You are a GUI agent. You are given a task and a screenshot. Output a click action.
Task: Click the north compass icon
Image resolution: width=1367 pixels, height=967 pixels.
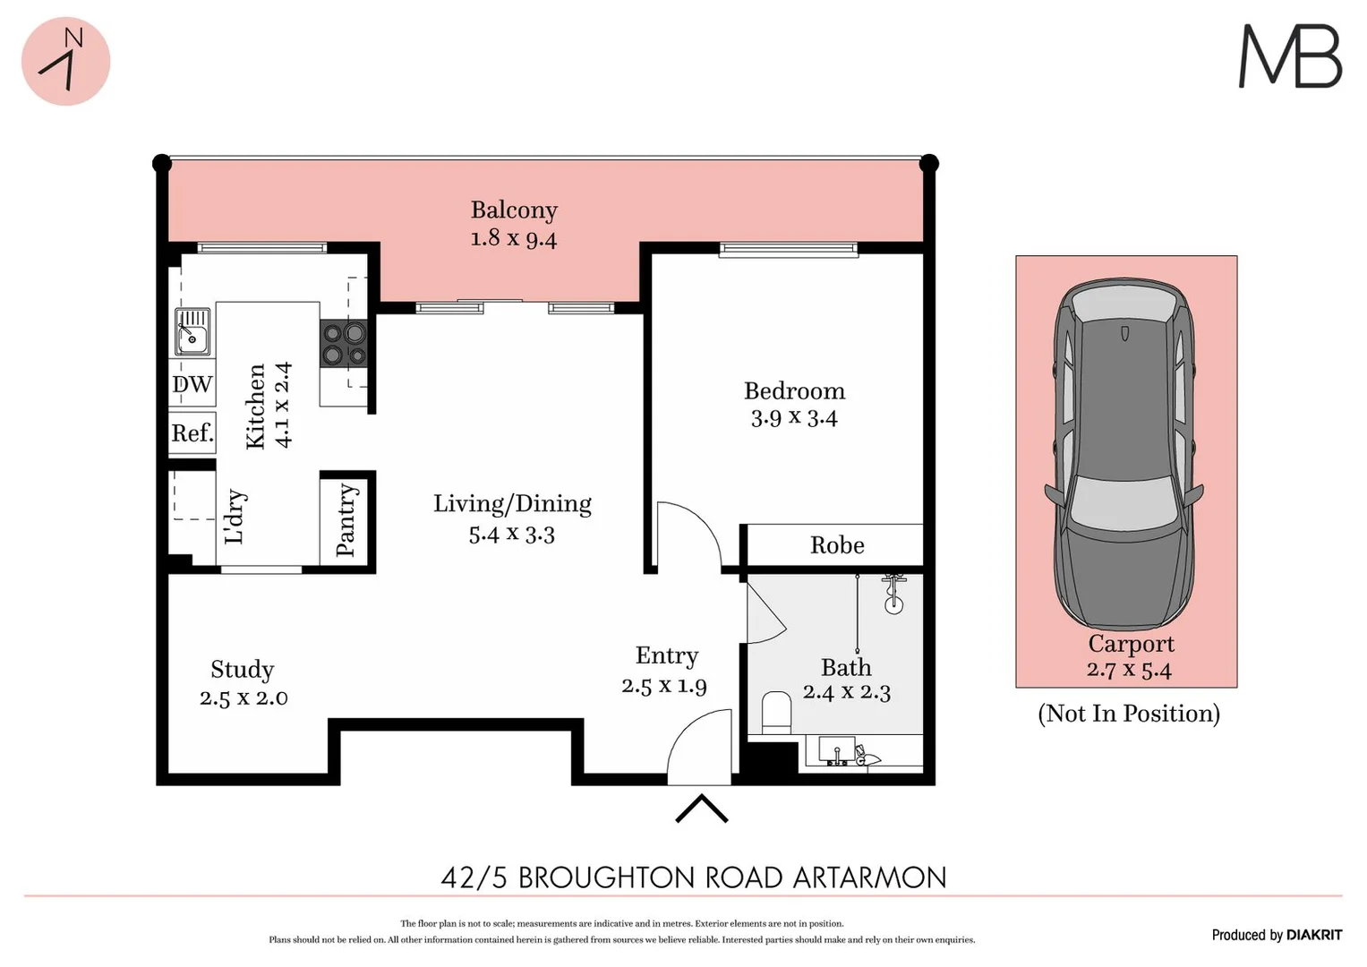(x=65, y=61)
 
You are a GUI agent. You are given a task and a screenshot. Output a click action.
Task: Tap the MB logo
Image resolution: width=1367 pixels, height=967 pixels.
(x=1289, y=56)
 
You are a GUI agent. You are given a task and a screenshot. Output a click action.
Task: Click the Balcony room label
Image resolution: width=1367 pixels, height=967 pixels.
(x=514, y=210)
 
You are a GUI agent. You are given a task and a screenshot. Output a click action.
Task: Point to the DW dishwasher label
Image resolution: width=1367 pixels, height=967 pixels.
(x=192, y=385)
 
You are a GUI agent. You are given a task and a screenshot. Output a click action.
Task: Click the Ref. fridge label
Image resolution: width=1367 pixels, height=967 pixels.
(x=192, y=433)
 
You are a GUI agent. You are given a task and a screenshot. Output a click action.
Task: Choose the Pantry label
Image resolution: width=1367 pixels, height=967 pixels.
(x=346, y=520)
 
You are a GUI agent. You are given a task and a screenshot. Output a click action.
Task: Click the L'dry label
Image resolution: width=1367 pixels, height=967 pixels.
(x=235, y=517)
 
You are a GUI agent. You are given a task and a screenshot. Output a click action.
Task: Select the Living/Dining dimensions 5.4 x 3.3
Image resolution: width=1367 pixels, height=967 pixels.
(x=511, y=535)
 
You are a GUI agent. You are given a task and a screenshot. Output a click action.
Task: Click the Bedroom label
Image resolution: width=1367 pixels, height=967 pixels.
(x=794, y=391)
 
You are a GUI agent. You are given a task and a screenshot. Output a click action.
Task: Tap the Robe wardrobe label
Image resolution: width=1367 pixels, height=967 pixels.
(x=837, y=545)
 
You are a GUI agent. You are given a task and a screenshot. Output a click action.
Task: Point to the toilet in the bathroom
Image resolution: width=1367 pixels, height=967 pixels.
(x=775, y=713)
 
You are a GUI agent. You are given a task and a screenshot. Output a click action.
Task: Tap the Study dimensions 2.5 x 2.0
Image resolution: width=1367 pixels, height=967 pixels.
(x=243, y=698)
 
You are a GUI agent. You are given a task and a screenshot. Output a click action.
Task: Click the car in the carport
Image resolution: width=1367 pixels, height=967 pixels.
(x=1124, y=457)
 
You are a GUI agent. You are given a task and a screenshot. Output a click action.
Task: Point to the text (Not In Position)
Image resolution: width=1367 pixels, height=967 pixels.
(x=1128, y=714)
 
